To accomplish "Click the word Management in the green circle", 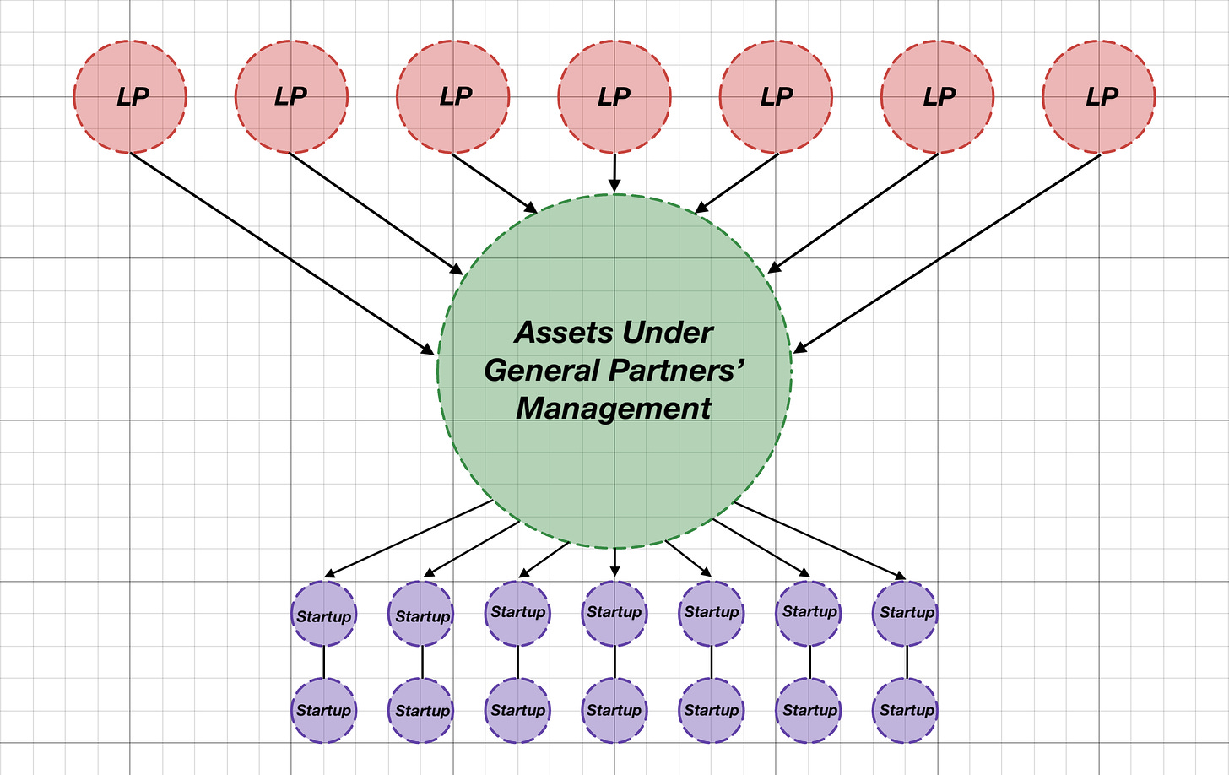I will pos(614,409).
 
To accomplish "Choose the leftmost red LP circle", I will pos(130,97).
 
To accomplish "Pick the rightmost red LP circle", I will pos(1099,97).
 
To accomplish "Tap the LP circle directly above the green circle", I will pos(614,97).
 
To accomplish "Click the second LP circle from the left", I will pos(291,97).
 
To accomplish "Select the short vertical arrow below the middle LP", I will pos(614,172).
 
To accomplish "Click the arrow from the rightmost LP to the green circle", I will pos(947,252).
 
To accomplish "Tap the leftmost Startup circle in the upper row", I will pos(324,614).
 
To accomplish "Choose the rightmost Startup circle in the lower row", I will pos(907,710).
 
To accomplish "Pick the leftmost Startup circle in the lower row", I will pos(324,710).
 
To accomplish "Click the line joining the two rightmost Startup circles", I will pos(907,662).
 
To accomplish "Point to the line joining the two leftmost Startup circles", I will pos(324,662).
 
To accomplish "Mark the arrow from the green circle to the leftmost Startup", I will pos(408,539).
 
